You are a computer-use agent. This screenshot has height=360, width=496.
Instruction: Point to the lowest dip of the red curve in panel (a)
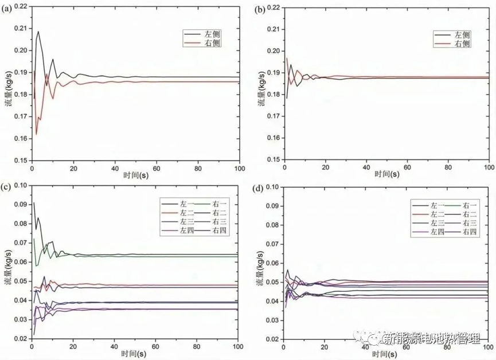click(x=36, y=134)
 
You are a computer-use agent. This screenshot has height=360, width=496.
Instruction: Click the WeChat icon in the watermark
click(x=376, y=338)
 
